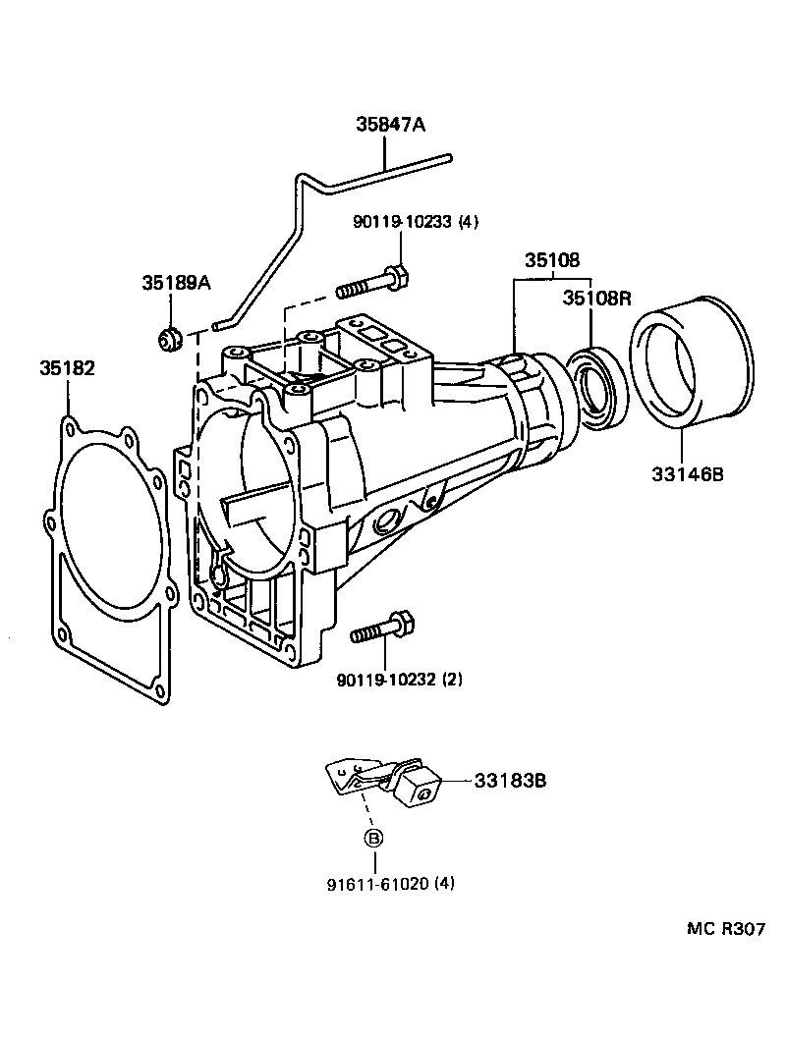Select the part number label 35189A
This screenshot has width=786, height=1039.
click(x=176, y=283)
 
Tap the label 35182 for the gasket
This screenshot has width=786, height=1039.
click(x=68, y=368)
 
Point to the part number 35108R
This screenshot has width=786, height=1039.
click(x=596, y=299)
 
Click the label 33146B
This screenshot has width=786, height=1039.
click(x=687, y=474)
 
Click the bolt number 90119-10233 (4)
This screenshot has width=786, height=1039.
click(x=415, y=222)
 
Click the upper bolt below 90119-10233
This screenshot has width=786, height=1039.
click(x=372, y=283)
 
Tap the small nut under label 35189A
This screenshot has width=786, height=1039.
click(x=170, y=339)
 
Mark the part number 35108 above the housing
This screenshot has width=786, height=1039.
click(x=551, y=260)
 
